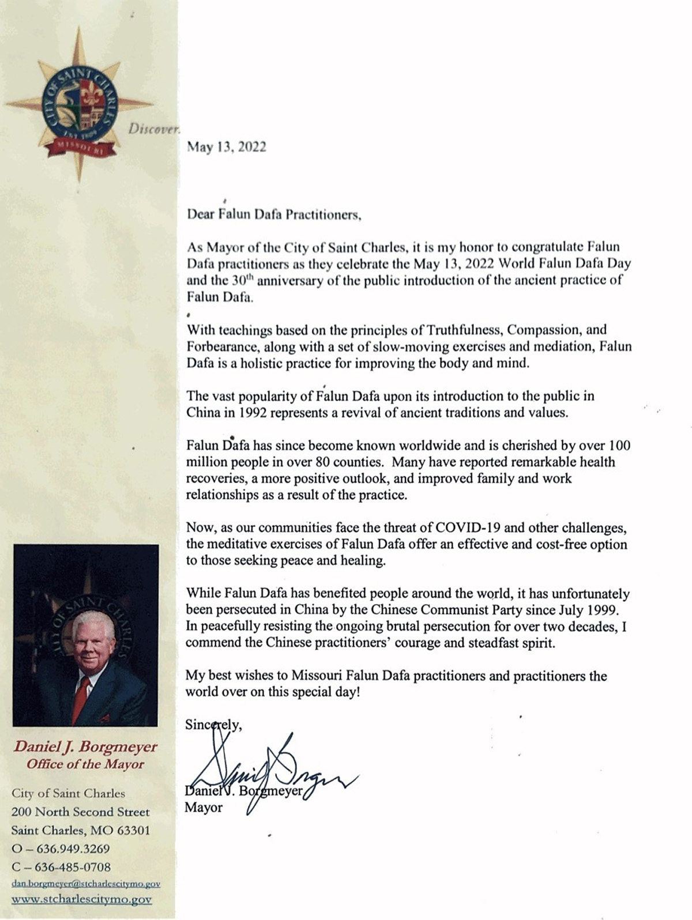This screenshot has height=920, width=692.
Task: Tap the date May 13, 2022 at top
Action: pyautogui.click(x=226, y=147)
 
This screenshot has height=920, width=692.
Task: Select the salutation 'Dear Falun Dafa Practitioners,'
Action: pyautogui.click(x=274, y=216)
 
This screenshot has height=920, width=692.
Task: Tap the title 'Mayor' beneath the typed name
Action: pyautogui.click(x=203, y=808)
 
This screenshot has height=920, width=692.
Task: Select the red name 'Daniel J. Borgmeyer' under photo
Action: pyautogui.click(x=85, y=747)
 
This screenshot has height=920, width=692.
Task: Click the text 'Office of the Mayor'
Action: pyautogui.click(x=85, y=764)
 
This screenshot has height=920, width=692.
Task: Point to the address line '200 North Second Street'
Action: pyautogui.click(x=80, y=812)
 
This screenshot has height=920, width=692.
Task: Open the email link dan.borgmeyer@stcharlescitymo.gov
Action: pyautogui.click(x=86, y=884)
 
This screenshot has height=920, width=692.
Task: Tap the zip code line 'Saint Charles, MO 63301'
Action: pyautogui.click(x=80, y=830)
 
